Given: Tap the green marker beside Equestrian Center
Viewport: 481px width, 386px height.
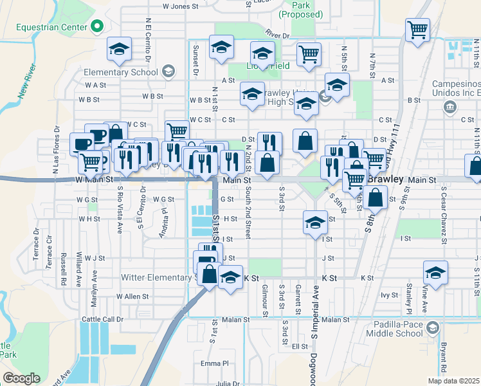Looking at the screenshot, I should [97, 27].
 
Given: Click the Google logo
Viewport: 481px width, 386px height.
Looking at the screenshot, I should [22, 378].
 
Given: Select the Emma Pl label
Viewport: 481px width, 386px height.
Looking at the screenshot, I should [214, 364].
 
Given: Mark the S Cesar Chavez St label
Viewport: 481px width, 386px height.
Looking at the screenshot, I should [444, 216].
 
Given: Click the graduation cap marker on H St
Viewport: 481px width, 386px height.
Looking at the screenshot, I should [314, 223].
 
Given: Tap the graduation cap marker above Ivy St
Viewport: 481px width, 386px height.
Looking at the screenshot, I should [435, 273].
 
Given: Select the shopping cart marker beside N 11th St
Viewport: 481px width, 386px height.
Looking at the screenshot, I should [417, 29].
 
